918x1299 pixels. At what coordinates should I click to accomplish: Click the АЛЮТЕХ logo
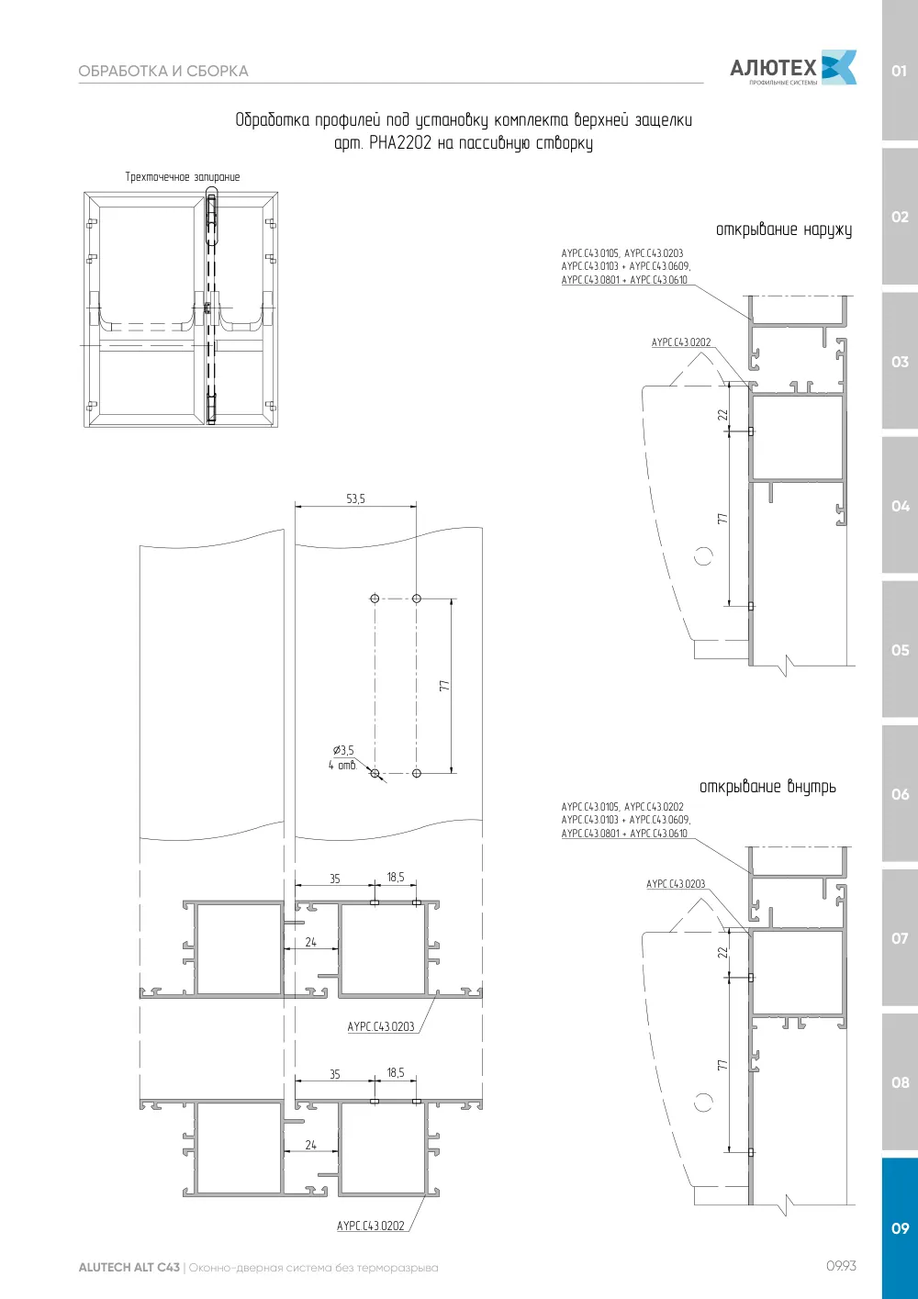pos(793,68)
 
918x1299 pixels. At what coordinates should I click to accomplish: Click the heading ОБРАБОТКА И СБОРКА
pos(163,72)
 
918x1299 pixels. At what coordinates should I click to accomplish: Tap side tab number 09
pos(900,1227)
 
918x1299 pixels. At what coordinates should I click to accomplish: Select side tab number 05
pos(900,650)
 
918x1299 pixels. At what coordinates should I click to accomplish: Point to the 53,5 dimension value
pos(355,498)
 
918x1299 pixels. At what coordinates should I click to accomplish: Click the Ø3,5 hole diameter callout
pos(343,750)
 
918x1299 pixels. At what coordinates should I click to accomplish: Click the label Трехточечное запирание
pos(183,177)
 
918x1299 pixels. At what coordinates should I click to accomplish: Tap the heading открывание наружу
pos(783,230)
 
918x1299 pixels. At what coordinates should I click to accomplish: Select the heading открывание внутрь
pos(767,787)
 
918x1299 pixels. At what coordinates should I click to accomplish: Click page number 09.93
pos(841,1266)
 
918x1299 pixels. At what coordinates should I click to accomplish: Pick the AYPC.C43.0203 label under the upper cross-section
pos(381,1026)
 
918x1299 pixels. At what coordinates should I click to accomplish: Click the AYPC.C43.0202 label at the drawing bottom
pos(371,1226)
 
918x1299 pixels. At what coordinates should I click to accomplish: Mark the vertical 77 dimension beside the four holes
pos(444,686)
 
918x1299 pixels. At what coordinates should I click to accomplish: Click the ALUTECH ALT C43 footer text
pos(129,1267)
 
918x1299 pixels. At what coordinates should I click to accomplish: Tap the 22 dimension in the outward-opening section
pos(722,415)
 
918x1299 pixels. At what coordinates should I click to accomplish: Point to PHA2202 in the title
pos(400,143)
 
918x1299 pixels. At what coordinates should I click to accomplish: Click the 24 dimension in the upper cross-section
pos(311,943)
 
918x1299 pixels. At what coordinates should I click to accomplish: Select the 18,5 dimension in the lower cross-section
pos(396,1073)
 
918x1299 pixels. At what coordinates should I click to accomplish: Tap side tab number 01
pos(899,71)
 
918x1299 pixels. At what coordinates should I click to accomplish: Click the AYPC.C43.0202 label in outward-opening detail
pos(681,342)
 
